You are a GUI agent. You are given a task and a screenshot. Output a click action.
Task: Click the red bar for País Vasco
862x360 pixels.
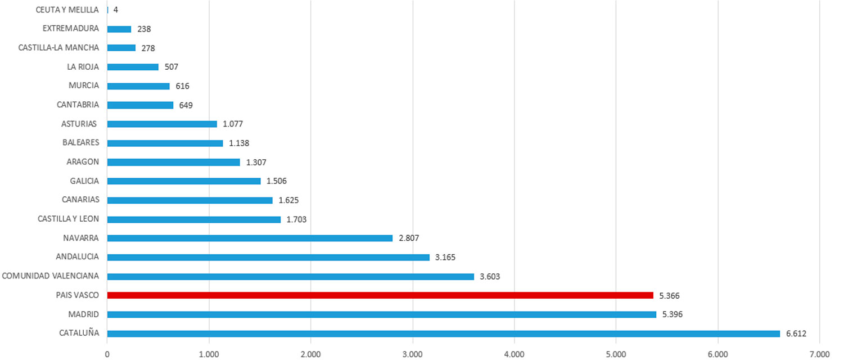point(380,295)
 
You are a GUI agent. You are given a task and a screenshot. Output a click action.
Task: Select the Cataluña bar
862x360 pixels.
point(443,334)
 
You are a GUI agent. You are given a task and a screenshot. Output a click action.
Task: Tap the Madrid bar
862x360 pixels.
point(381,314)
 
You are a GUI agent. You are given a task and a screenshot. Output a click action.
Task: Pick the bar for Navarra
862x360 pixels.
point(250,238)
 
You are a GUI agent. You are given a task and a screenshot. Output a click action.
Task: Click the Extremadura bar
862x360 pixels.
point(119,29)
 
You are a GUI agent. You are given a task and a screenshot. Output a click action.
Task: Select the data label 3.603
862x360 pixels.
point(490,276)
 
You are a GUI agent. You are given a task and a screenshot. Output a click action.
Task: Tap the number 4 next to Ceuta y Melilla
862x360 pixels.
point(115,10)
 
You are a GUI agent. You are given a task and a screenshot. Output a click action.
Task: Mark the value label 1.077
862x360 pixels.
point(232,124)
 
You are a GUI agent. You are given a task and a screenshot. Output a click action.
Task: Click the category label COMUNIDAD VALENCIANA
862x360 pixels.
point(51,276)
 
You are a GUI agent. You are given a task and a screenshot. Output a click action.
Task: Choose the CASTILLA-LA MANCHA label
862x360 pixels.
point(58,48)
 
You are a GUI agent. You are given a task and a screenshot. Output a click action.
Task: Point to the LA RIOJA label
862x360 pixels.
point(83,67)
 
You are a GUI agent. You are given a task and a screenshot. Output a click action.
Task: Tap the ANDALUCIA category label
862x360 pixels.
point(78,256)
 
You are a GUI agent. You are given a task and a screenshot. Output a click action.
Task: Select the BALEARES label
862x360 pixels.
point(81,142)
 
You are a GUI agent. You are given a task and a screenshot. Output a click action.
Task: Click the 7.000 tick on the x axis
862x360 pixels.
point(819,354)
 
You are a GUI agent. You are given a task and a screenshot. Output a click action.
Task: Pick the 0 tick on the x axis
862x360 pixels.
point(107,354)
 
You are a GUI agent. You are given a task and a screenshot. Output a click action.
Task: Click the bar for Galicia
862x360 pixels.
point(184,181)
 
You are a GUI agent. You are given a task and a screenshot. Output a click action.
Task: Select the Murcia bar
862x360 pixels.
point(138,86)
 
